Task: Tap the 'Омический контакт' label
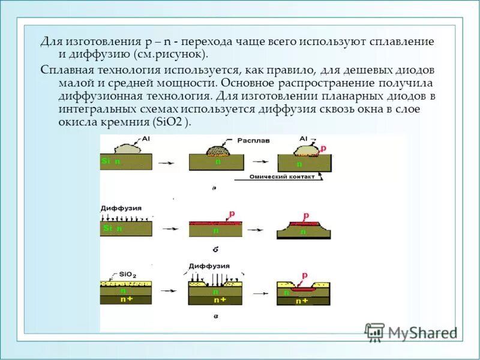[277, 178]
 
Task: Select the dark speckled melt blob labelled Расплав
[218, 150]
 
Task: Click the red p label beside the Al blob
[323, 148]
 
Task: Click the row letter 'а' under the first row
[214, 188]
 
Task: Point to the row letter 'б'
[214, 247]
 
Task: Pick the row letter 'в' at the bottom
[214, 315]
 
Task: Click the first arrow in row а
[171, 162]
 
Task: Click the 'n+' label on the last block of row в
[302, 301]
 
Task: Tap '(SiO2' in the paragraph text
[167, 122]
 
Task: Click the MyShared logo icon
[375, 332]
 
